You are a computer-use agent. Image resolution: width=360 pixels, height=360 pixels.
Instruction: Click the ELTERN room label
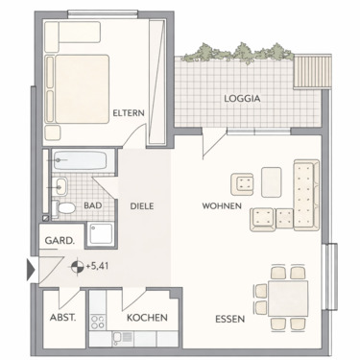pos(128,113)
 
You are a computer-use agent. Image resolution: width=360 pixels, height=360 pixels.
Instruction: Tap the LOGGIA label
pos(243,98)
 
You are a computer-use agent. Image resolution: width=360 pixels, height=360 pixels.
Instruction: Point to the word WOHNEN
pos(222,206)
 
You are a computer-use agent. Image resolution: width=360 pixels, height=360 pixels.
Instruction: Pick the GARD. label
pos(55,241)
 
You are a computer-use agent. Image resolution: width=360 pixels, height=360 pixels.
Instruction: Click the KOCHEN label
pos(147,318)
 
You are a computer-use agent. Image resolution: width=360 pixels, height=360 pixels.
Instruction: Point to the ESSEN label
pos(229,318)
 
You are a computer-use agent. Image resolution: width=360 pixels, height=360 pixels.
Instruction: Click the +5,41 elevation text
pos(98,268)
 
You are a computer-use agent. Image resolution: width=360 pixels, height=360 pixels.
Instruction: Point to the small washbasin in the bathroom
pos(60,185)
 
